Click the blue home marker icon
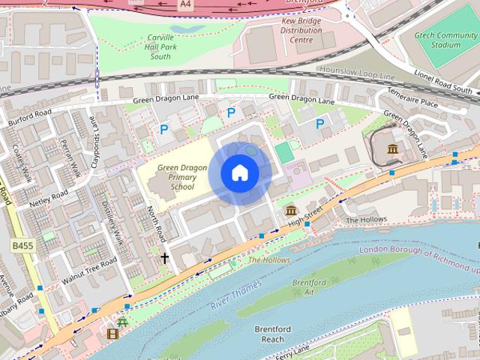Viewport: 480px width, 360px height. [239, 173]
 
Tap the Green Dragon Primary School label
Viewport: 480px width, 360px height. [176, 177]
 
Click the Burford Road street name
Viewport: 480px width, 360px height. [30, 117]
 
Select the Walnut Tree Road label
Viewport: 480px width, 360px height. [89, 267]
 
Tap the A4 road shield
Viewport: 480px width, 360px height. [185, 4]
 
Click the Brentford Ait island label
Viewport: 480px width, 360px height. [310, 287]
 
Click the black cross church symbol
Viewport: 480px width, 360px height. [164, 257]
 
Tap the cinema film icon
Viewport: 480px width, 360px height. [112, 334]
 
